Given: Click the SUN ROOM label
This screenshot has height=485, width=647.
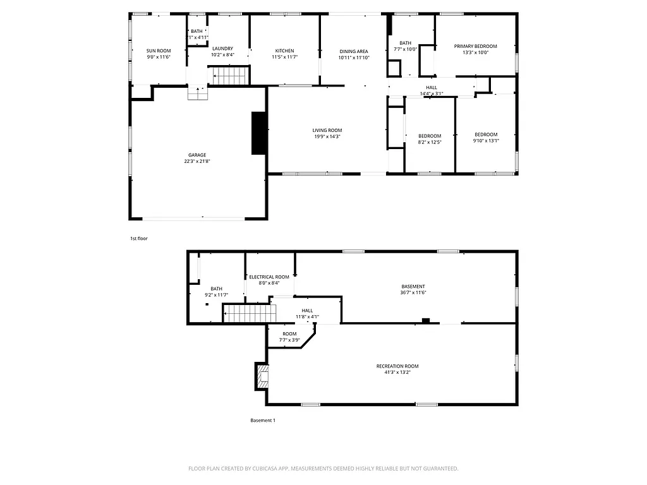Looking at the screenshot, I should pos(159,51).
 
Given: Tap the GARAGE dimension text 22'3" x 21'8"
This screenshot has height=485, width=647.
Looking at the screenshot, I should pos(197,161).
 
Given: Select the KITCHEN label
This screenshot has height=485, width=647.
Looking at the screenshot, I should pos(284,51).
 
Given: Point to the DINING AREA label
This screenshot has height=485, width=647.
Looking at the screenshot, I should pos(353,51).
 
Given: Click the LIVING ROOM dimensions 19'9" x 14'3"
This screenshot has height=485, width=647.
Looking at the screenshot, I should pos(327,136).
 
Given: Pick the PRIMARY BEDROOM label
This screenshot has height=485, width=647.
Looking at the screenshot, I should pos(476,46).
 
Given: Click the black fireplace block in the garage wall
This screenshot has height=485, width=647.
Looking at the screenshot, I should pos(258,133).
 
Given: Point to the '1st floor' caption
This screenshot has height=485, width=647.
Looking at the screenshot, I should pos(138,239).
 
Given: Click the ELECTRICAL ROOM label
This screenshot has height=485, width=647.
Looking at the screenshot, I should pos(269,277).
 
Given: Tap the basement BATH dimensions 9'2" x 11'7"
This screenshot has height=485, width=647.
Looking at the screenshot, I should pos(216,295).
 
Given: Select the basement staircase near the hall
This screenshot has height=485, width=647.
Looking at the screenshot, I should pos(251,313).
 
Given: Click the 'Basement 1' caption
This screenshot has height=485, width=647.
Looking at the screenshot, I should pos(263,421).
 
